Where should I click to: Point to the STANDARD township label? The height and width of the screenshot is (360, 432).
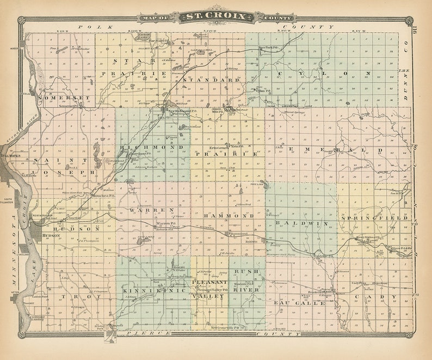click(x=212, y=80)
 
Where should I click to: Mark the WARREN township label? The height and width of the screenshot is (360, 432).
click(x=152, y=209)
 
